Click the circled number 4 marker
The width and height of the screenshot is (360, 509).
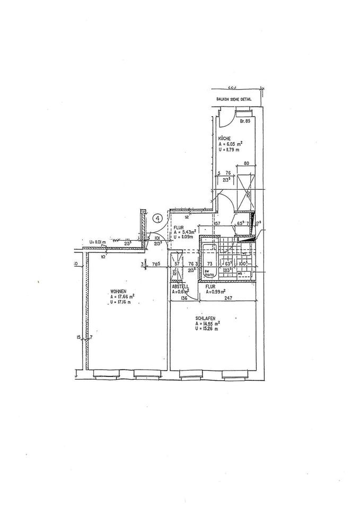pyautogui.click(x=157, y=217)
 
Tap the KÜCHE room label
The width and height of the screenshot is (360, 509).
pyautogui.click(x=224, y=138)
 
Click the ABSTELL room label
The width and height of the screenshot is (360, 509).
pyautogui.click(x=179, y=286)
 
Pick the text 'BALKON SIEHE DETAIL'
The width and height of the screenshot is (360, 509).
pyautogui.click(x=234, y=99)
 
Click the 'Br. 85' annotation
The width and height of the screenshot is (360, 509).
pyautogui.click(x=244, y=122)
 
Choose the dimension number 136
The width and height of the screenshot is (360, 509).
pyautogui.click(x=183, y=299)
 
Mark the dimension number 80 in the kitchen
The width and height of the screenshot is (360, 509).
pyautogui.click(x=245, y=164)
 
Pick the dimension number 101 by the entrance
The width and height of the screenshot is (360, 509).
pyautogui.click(x=156, y=238)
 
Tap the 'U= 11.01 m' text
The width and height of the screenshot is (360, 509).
pyautogui.click(x=99, y=242)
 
